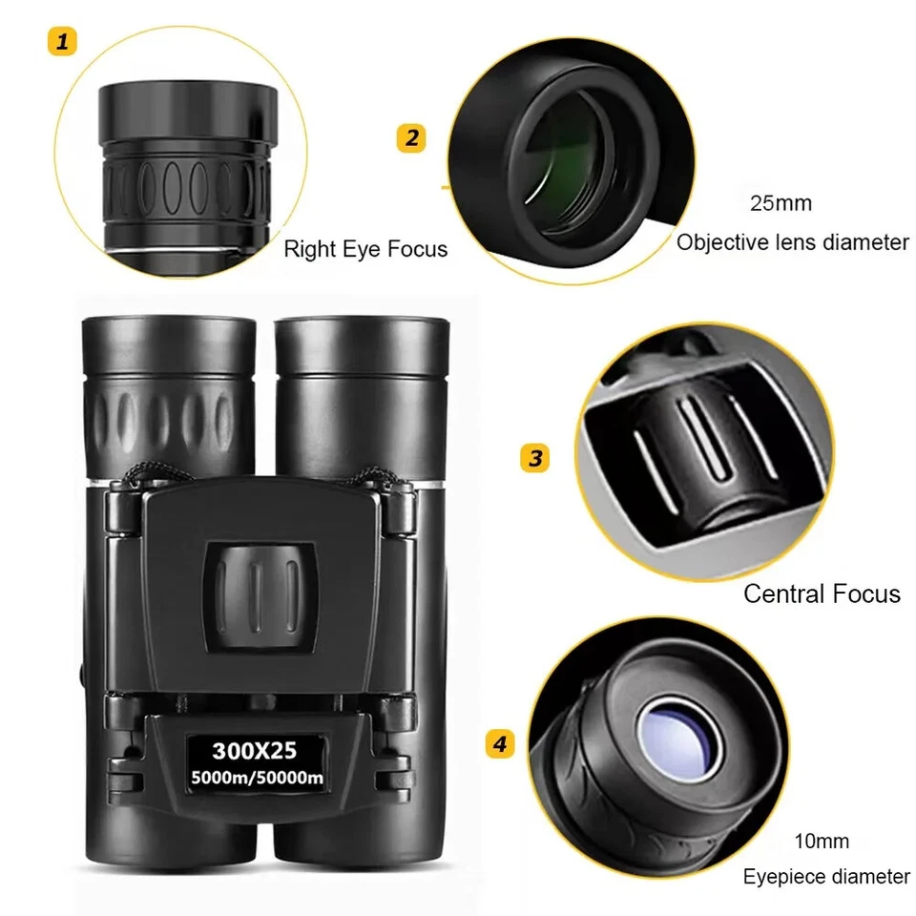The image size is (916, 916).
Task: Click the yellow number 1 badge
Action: (x=62, y=42)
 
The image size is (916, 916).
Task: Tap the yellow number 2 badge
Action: (x=410, y=137)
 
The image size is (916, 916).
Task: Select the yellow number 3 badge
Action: (x=534, y=457)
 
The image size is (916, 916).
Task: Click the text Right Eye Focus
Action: (x=365, y=250)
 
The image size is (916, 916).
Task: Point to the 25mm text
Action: (x=781, y=203)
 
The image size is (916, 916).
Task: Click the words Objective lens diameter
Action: (x=793, y=242)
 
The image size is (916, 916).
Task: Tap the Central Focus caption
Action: (x=822, y=593)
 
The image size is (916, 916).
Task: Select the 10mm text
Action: (x=822, y=842)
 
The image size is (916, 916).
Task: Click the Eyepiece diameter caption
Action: (x=826, y=876)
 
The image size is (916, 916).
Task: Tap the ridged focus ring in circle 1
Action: (x=187, y=180)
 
